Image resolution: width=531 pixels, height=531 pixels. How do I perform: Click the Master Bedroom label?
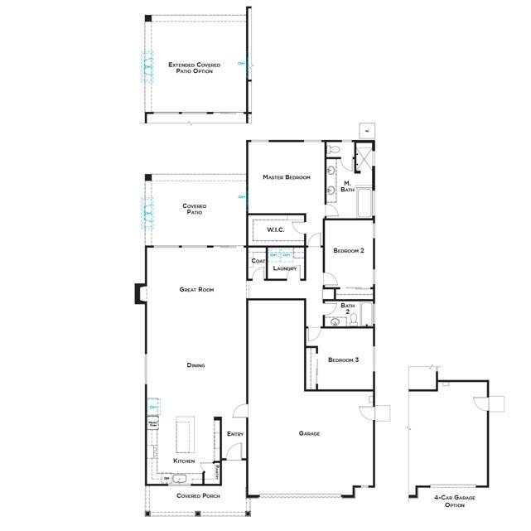pos(286,178)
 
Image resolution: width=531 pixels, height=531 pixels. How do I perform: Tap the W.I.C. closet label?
pos(275,229)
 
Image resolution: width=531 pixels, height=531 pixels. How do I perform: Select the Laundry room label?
pos(284,268)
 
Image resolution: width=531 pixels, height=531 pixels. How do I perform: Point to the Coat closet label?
pos(257,262)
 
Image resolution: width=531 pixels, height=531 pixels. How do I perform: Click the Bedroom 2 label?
pos(349,250)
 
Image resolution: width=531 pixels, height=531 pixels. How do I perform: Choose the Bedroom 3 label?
pos(343,360)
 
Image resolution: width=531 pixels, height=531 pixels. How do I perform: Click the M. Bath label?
pos(348,186)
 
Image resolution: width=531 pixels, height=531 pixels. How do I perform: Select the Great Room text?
pos(196,290)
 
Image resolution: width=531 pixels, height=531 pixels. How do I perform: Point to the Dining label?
pos(196,365)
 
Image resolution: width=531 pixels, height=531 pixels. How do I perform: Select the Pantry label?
pos(215,473)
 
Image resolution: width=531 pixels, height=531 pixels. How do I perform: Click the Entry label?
pos(234,434)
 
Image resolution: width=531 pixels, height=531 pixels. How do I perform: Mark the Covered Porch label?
pos(196,495)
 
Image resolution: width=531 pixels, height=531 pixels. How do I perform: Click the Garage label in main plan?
pos(309,433)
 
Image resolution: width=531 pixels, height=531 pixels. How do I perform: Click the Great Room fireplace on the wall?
pos(141,293)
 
